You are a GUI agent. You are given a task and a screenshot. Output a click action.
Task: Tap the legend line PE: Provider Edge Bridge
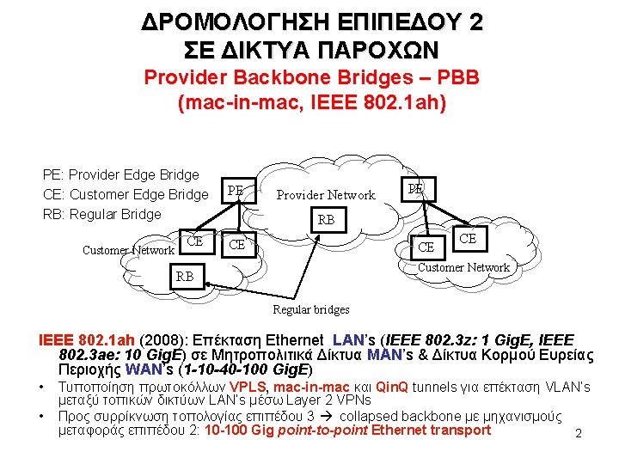coord(120,175)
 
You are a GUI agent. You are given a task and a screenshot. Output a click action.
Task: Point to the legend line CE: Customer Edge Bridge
coord(126,194)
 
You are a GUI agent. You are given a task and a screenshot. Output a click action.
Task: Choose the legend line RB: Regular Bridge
coord(101,214)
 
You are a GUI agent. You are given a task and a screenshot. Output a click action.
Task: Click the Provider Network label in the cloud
coord(326,195)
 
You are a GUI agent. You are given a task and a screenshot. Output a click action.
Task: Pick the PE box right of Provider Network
coord(416,187)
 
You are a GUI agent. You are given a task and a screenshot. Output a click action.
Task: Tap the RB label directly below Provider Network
coord(327,220)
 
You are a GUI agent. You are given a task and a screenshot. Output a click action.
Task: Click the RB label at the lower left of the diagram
coord(185,277)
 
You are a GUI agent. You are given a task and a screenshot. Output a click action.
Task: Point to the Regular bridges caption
coord(311,309)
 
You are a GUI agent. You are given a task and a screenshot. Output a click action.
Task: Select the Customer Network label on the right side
coord(463,267)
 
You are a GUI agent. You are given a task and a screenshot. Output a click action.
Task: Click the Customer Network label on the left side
coord(128,251)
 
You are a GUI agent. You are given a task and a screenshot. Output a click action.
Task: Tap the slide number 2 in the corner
coord(579,434)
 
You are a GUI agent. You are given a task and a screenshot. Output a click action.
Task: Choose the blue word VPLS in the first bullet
coord(248,388)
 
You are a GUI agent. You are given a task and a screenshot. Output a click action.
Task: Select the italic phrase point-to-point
coord(317,430)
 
